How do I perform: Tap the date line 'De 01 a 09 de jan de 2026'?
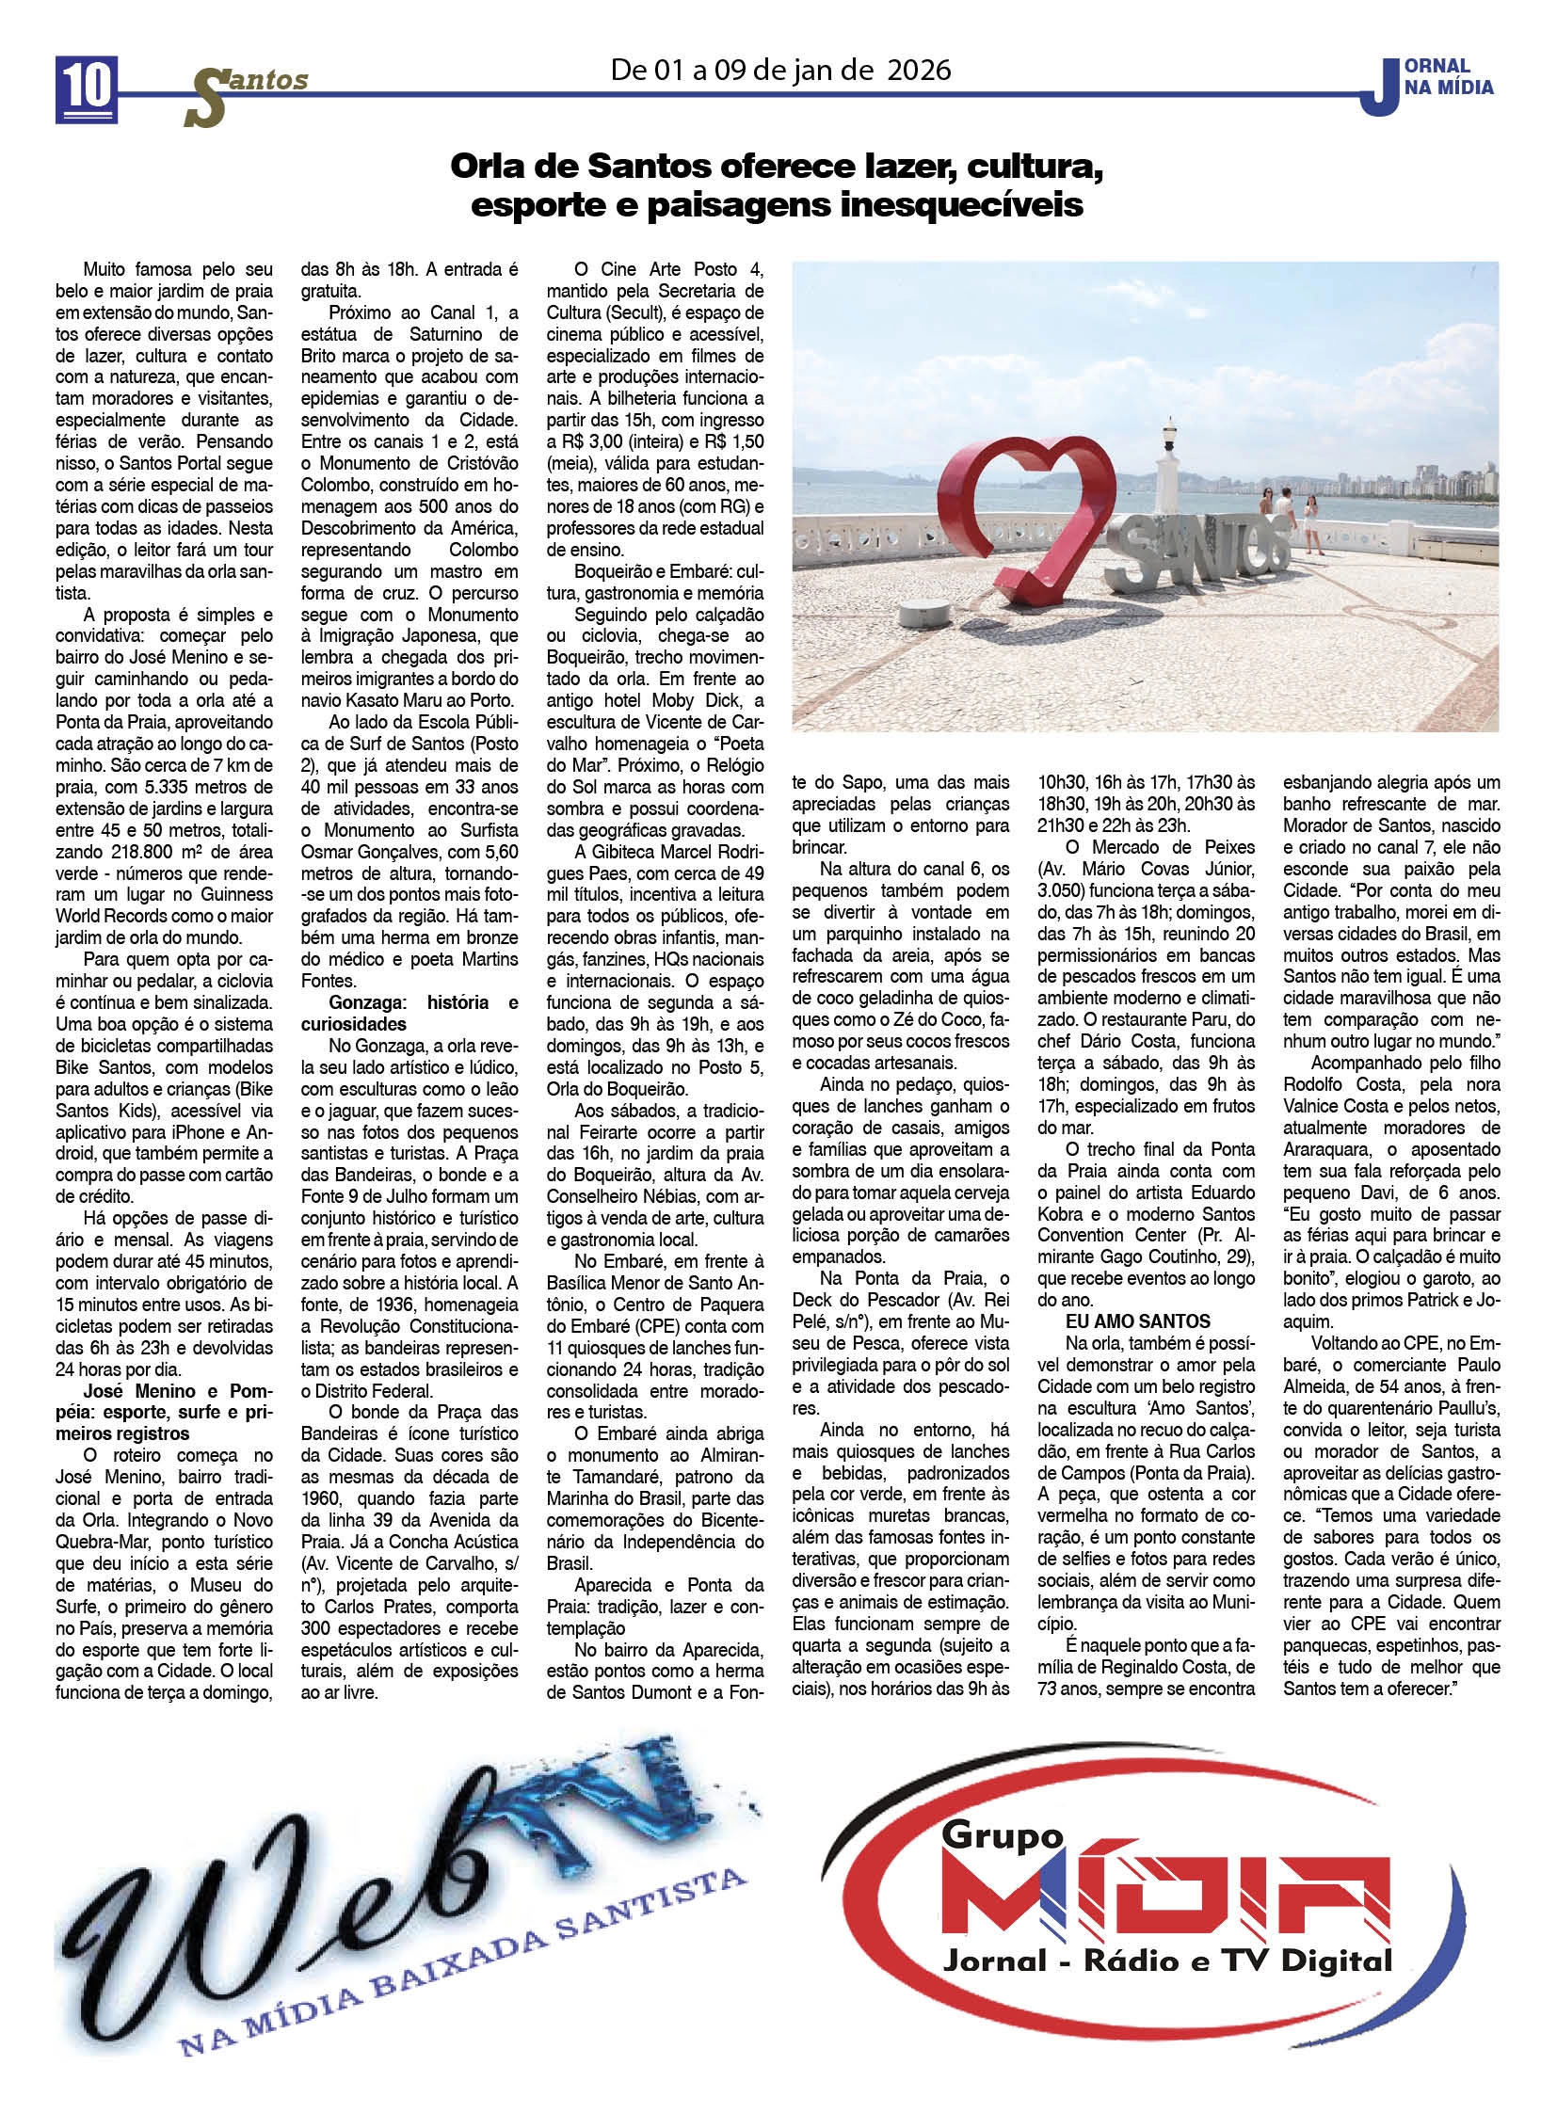pyautogui.click(x=780, y=70)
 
